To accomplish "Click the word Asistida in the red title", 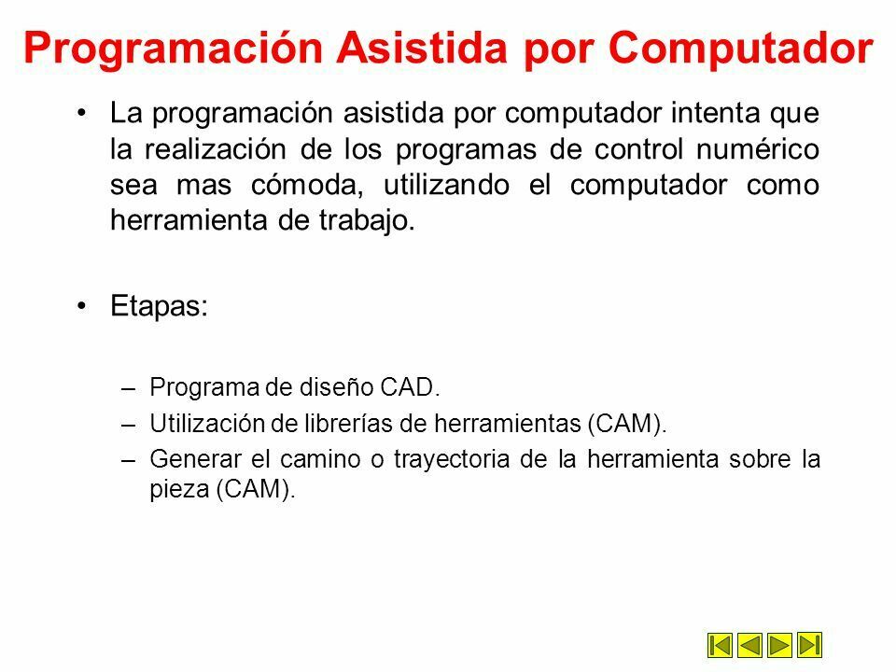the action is pyautogui.click(x=422, y=47).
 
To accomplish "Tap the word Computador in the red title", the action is pyautogui.click(x=740, y=48).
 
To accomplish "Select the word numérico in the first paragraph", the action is pyautogui.click(x=758, y=149).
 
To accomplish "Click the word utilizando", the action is pyautogui.click(x=446, y=185).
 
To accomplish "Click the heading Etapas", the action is pyautogui.click(x=159, y=306).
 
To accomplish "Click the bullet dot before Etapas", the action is pyautogui.click(x=82, y=306).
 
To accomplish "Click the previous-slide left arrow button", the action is pyautogui.click(x=749, y=645).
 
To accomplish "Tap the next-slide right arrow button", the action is pyautogui.click(x=779, y=645).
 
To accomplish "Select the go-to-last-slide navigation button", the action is pyautogui.click(x=809, y=645).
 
